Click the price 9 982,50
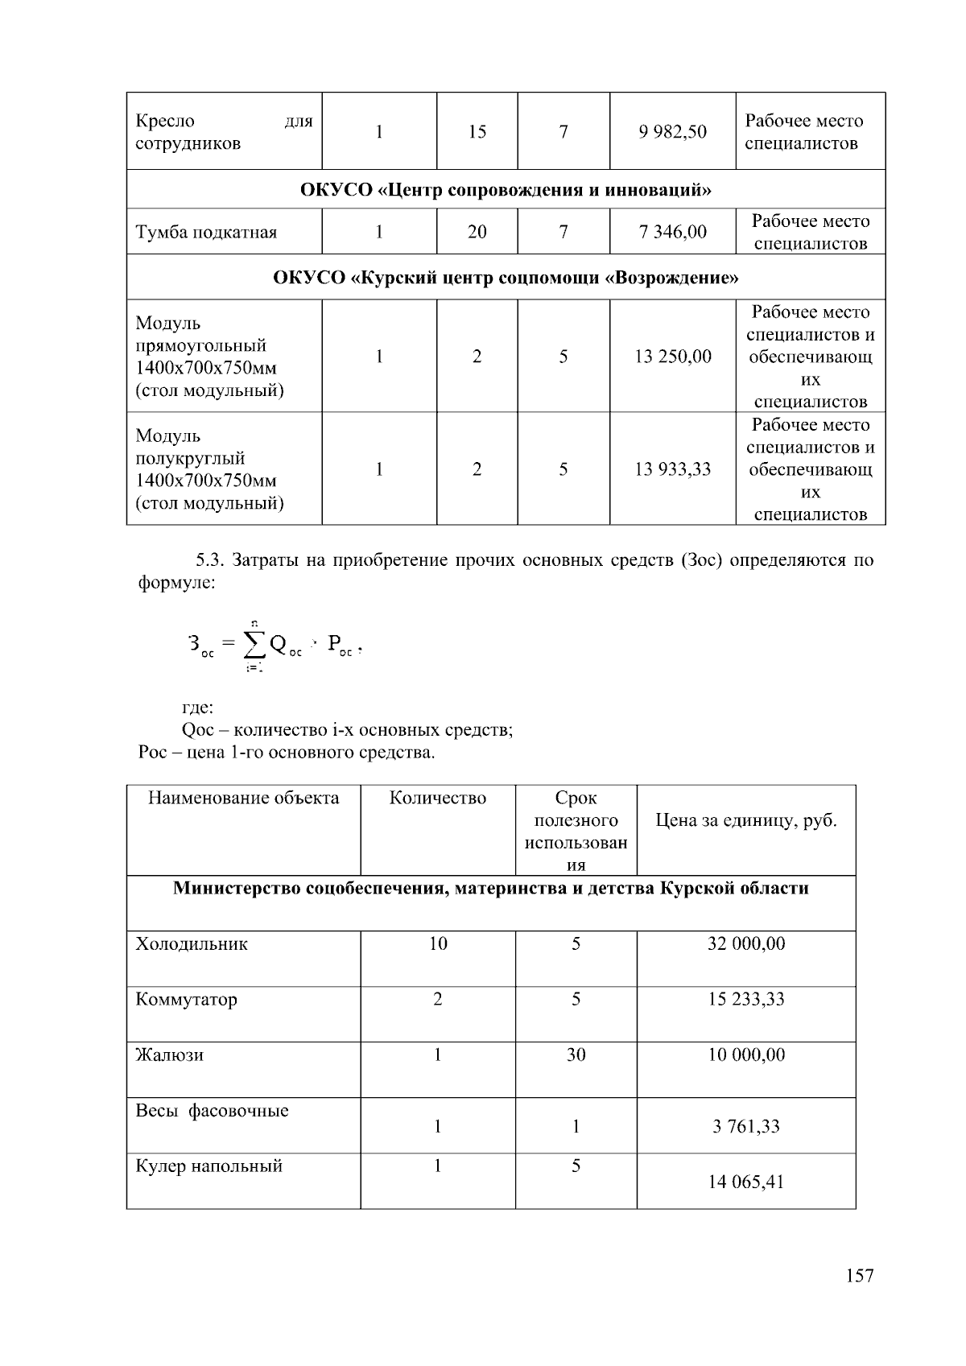click(x=672, y=132)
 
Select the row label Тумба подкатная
click(x=206, y=233)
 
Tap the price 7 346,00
click(x=672, y=233)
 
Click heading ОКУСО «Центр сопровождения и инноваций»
click(x=506, y=190)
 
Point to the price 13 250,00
click(x=672, y=357)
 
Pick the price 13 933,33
click(x=672, y=469)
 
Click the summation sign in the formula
click(x=254, y=644)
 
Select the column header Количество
click(x=437, y=799)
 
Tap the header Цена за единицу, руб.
click(x=745, y=821)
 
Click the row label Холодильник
click(x=192, y=944)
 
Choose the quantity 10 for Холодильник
click(x=437, y=944)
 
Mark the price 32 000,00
click(x=745, y=944)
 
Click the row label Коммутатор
click(x=186, y=1000)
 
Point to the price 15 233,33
click(x=745, y=1000)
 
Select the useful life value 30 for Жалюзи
click(x=576, y=1055)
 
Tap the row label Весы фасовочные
click(x=212, y=1111)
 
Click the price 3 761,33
click(x=745, y=1127)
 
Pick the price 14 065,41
click(x=745, y=1182)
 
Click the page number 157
click(x=859, y=1276)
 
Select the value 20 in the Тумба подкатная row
click(x=477, y=233)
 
